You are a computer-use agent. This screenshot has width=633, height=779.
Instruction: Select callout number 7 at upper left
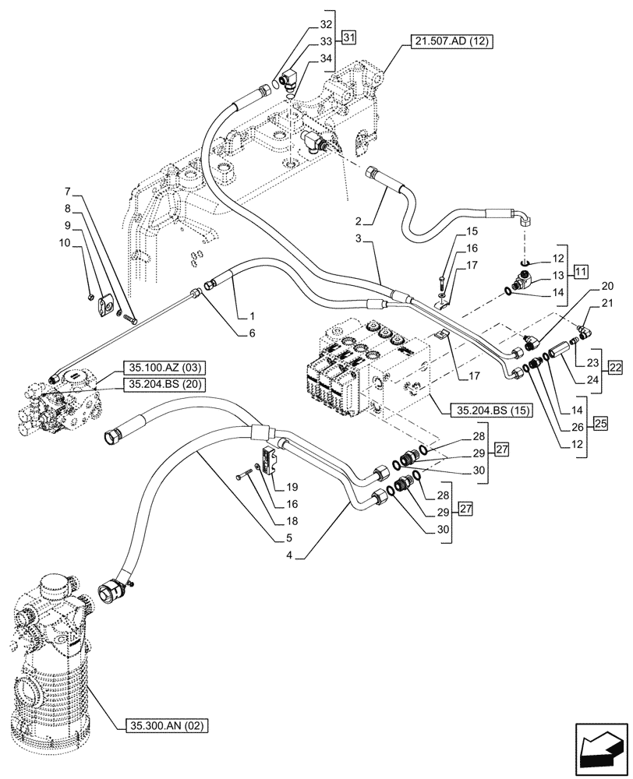tap(68, 191)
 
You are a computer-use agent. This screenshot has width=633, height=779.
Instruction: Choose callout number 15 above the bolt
tap(471, 232)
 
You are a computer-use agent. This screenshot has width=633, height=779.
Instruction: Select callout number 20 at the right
tap(585, 286)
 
